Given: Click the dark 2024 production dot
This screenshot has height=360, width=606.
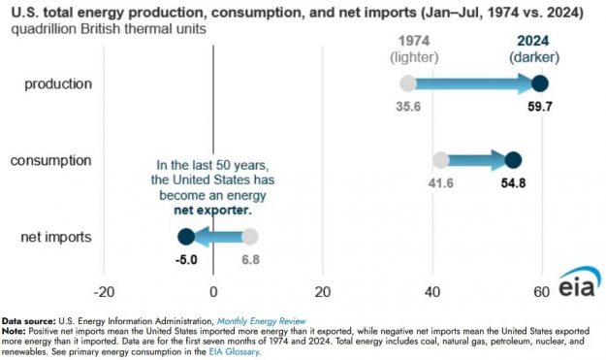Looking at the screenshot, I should pos(540,83).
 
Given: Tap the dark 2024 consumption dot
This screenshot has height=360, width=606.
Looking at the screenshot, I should pos(513,160).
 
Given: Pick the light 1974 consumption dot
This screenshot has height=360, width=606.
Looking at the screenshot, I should pos(440,160).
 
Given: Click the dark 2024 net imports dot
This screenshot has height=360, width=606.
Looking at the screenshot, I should pos(185,236).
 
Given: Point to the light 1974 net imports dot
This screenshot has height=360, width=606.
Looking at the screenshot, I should pos(250,236).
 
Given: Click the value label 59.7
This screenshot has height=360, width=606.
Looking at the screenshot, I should pos(540,108).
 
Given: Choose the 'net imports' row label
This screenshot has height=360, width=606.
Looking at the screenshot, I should pos(59,236).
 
